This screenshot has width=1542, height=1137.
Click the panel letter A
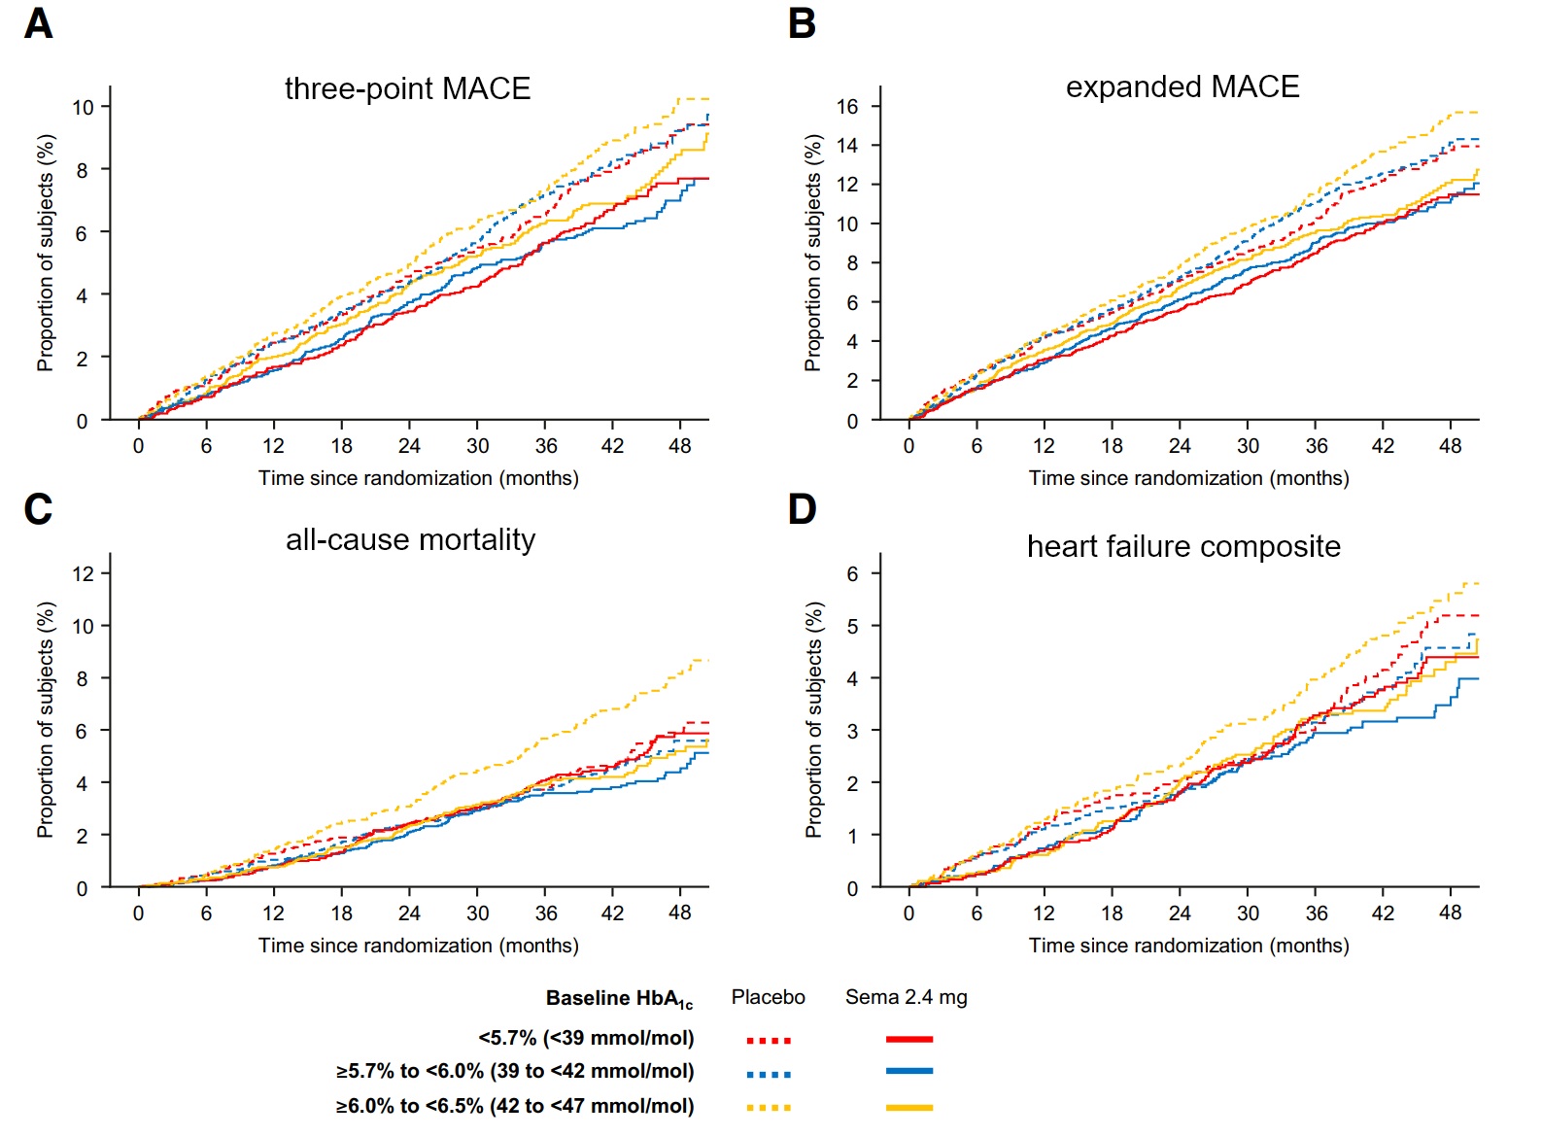pos(38,23)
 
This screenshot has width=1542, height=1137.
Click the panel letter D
pos(802,509)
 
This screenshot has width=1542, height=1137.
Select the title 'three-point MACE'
pos(407,88)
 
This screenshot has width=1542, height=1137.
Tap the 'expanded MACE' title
pos(1182,86)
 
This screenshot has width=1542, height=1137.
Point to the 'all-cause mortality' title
pos(410,539)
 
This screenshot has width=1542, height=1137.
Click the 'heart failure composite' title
pos(1183,546)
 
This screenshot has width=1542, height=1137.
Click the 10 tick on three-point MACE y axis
pos(84,107)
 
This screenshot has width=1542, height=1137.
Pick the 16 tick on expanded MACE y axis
pos(847,106)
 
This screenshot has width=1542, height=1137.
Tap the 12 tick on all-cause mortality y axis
pos(84,573)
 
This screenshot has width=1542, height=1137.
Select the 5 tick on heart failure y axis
pos(852,626)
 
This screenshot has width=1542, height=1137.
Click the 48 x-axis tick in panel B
pos(1450,445)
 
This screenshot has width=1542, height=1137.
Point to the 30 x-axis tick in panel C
pos(477,913)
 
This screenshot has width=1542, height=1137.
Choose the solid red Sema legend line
pos(908,1039)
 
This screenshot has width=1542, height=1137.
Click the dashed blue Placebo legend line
pos(769,1074)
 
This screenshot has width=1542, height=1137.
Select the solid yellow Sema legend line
pos(908,1107)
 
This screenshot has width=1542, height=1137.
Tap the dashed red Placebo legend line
pos(769,1040)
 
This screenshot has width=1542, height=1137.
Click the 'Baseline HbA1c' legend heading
pos(619,998)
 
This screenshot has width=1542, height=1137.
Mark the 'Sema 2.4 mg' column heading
pos(906,997)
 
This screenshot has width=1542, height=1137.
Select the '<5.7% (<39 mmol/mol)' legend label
pos(586,1038)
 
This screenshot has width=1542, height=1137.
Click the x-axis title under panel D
pos(1188,945)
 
